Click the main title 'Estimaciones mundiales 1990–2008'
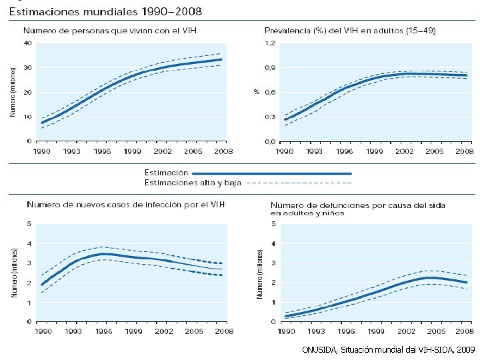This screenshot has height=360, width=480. click(106, 12)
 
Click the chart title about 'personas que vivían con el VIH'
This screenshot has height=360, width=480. click(110, 31)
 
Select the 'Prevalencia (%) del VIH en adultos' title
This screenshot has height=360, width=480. click(350, 31)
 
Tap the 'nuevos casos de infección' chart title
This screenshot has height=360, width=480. click(125, 203)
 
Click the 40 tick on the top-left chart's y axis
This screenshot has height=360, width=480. click(27, 43)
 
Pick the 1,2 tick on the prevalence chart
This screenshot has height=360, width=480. click(270, 43)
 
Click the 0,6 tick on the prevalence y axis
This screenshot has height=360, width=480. click(270, 92)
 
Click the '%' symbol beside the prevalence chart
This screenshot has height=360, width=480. click(256, 92)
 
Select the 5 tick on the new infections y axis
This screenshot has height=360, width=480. click(29, 223)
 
